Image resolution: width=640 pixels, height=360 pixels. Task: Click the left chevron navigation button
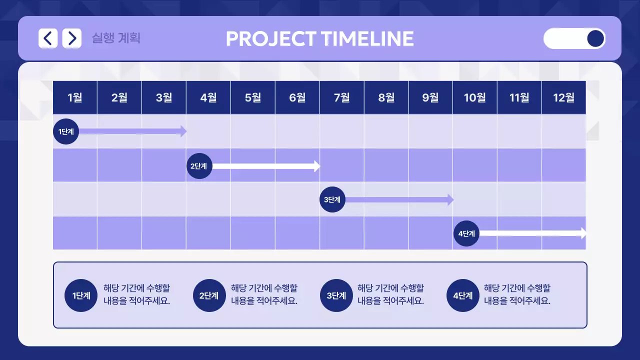(48, 38)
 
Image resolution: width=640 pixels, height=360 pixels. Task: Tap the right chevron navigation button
(72, 38)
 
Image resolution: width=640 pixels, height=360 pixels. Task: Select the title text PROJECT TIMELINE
(319, 39)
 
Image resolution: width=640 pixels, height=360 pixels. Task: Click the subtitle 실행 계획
(116, 38)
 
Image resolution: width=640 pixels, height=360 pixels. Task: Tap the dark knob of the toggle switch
(595, 38)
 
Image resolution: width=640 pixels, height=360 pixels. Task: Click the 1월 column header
(74, 97)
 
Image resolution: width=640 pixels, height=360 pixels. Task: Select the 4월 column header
(208, 97)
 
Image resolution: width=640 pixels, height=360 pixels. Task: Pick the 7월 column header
(341, 97)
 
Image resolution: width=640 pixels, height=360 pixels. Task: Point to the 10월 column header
(474, 97)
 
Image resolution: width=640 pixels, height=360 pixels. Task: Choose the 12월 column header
(563, 97)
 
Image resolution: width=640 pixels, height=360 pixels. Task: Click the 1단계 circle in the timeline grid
(66, 131)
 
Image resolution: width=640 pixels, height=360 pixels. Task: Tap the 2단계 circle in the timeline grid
(199, 166)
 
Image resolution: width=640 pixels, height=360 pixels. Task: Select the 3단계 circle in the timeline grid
(332, 199)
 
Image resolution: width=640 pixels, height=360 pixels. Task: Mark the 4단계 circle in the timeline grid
(466, 233)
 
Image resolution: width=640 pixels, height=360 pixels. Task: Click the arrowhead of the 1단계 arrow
(183, 131)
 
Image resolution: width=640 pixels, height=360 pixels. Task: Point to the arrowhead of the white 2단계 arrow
(317, 166)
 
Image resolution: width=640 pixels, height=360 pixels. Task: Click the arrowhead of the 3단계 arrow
(450, 199)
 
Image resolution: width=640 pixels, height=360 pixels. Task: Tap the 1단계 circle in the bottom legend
(81, 295)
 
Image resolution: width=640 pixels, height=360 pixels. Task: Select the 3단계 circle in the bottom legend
(336, 295)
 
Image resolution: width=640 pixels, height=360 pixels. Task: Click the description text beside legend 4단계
(517, 294)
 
